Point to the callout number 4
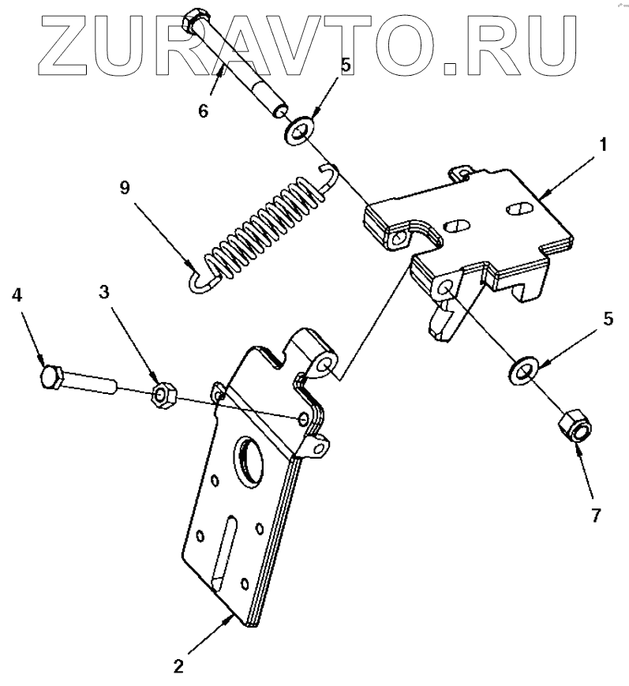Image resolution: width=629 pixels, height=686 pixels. click(x=17, y=295)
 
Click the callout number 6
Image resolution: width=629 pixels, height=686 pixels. click(x=203, y=111)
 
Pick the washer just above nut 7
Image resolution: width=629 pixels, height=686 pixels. click(x=522, y=368)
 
